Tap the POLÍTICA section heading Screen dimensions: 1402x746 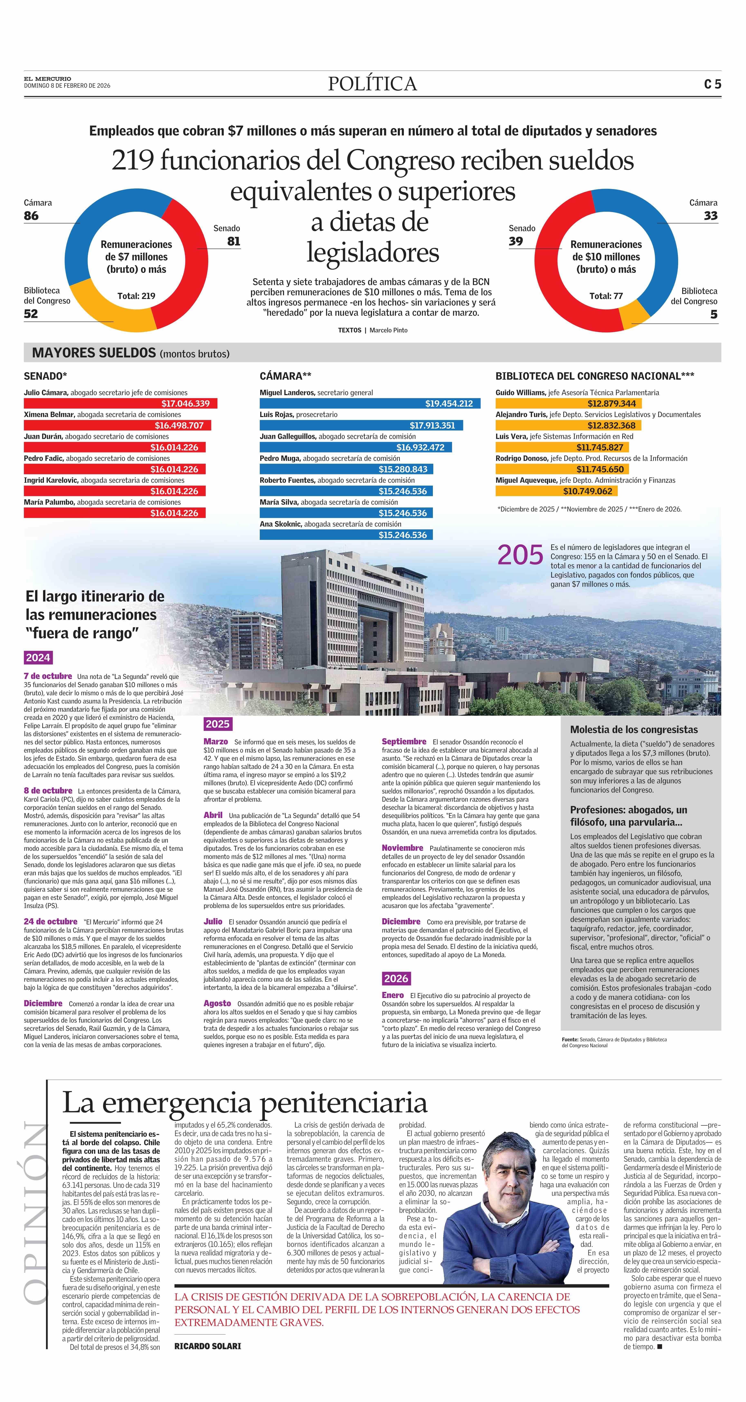(372, 84)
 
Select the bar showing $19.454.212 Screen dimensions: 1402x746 (370, 403)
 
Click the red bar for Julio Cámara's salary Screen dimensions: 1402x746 (120, 403)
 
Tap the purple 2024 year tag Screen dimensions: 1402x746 (38, 657)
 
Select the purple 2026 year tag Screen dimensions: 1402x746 (396, 978)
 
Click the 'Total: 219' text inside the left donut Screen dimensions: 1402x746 (137, 296)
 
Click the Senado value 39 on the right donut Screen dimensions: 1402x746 (516, 241)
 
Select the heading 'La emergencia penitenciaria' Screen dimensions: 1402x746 (245, 1103)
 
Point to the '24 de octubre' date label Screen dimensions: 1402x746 (50, 922)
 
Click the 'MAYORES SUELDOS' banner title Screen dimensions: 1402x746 (94, 353)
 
